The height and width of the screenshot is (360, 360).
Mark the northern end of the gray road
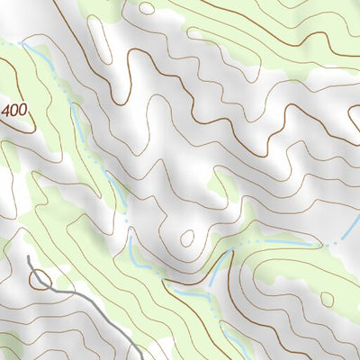click(28, 257)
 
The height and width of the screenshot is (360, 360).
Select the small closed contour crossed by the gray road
click(40, 280)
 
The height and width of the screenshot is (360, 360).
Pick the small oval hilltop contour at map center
click(187, 238)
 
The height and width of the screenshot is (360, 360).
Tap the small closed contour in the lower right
click(327, 299)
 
